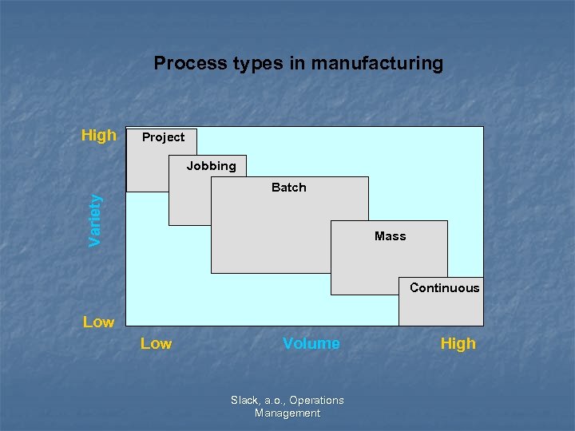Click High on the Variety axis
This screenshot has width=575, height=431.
(98, 136)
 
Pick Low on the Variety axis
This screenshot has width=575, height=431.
(98, 322)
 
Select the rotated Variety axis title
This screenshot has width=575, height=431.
(95, 220)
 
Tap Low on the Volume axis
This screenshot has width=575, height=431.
(156, 344)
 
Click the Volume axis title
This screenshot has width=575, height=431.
(311, 344)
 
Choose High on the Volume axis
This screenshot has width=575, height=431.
(458, 344)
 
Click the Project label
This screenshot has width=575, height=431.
(163, 137)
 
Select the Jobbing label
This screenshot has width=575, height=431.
(211, 166)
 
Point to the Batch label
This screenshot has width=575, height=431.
(288, 188)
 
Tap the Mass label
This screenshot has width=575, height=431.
(390, 236)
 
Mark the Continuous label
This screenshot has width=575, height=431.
(444, 288)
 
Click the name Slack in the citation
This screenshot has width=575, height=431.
(245, 401)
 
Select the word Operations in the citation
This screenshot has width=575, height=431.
(317, 401)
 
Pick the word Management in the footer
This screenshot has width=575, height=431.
(287, 413)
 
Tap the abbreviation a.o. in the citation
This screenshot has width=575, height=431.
(275, 401)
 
